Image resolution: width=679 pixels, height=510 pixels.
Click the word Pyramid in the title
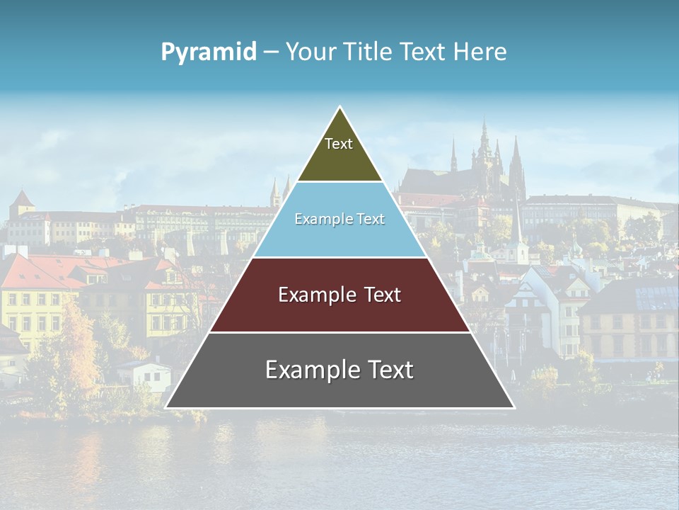(x=209, y=52)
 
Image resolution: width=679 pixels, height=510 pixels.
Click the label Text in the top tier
(x=339, y=144)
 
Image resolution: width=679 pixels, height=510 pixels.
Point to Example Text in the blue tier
(x=339, y=219)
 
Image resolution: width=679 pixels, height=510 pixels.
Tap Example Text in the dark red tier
(x=339, y=295)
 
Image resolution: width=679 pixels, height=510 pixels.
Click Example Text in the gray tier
(x=339, y=370)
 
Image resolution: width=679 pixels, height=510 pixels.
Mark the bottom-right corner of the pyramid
(x=513, y=407)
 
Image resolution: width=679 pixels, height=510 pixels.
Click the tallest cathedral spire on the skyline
(x=484, y=131)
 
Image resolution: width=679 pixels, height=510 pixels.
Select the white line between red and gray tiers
(x=339, y=332)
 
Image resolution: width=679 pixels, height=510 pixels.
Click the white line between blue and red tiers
(x=339, y=257)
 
